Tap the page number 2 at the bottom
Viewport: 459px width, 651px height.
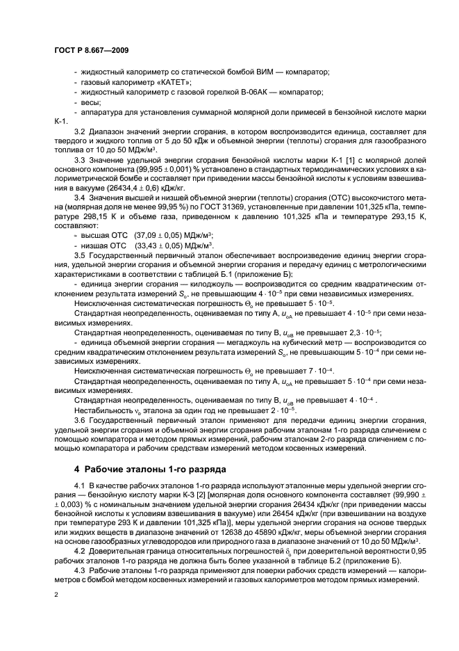coord(56,595)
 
